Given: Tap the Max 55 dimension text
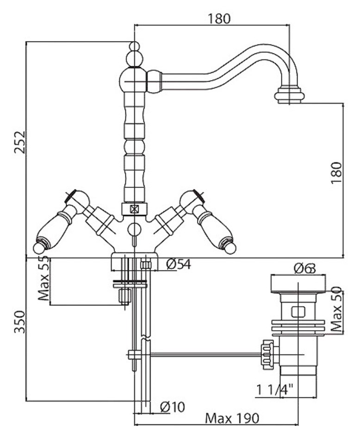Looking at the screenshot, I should click(x=44, y=280).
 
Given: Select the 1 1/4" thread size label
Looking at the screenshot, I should click(x=278, y=390).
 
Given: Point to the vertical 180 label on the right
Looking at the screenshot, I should click(x=336, y=172).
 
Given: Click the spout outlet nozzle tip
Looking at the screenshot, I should click(x=290, y=96).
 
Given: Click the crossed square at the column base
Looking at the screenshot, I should click(x=134, y=209).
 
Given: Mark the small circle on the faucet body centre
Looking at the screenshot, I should click(x=134, y=228).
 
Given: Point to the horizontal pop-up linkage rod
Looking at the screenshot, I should click(x=204, y=355).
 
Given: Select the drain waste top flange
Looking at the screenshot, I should click(x=298, y=283).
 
